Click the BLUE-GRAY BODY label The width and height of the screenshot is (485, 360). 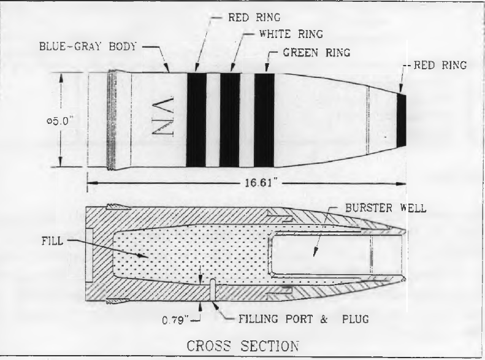[x=88, y=47]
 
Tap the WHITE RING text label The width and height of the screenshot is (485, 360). [x=291, y=34]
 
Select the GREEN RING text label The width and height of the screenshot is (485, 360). [x=316, y=53]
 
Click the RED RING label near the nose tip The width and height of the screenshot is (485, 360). [x=440, y=65]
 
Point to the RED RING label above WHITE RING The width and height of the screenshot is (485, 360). [x=254, y=17]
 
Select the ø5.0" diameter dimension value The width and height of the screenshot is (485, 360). [x=59, y=121]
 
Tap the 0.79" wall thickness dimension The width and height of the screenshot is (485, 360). [x=175, y=320]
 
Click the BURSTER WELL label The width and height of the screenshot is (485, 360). [x=386, y=208]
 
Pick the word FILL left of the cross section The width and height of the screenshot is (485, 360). [x=52, y=240]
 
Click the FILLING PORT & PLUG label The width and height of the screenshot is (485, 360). [x=304, y=319]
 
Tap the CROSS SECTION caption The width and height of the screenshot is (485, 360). [x=243, y=346]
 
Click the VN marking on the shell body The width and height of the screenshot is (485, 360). [x=162, y=117]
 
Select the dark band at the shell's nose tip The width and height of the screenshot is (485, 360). [x=401, y=120]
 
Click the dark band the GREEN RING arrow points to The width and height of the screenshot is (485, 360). [x=264, y=120]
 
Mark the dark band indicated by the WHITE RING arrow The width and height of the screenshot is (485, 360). [x=230, y=120]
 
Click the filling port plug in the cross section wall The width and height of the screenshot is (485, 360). [x=213, y=290]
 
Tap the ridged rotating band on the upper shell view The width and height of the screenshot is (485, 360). [x=112, y=120]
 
